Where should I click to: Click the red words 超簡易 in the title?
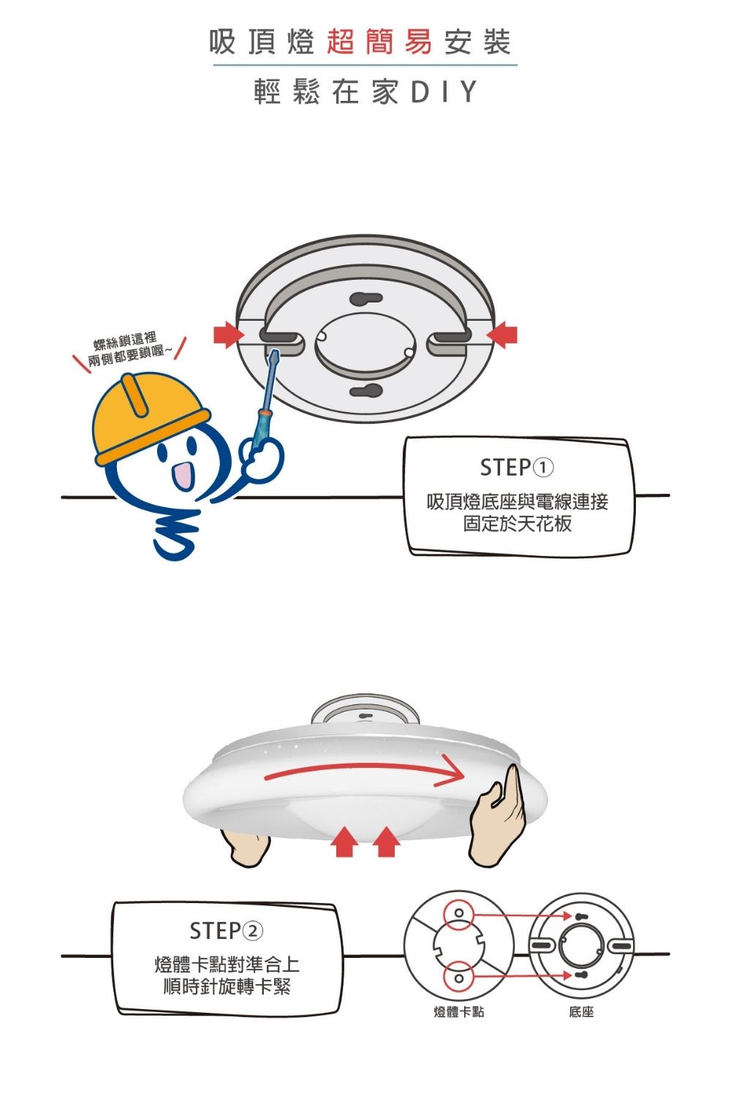click(379, 42)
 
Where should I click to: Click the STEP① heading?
click(517, 468)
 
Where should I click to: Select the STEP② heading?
click(226, 931)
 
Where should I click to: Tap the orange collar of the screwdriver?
click(265, 414)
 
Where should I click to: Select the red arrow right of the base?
click(502, 335)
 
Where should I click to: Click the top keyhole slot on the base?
click(365, 297)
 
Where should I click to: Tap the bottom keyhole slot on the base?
click(365, 390)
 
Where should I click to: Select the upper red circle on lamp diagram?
click(458, 914)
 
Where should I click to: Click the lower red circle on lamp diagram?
click(458, 977)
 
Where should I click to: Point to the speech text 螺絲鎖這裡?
click(125, 340)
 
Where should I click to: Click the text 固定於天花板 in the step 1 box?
click(518, 524)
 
